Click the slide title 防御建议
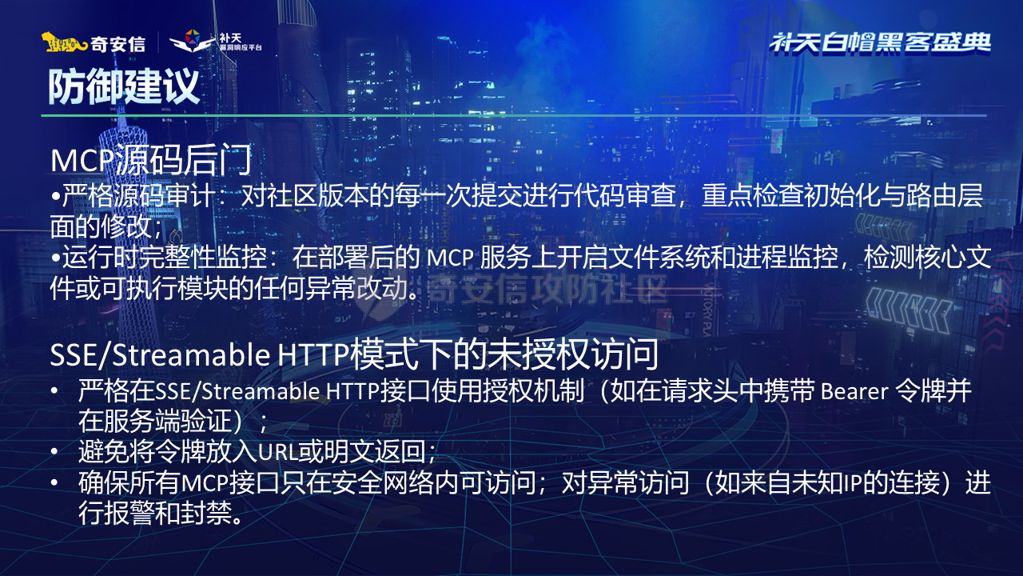tap(124, 86)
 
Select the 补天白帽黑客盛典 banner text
tap(880, 42)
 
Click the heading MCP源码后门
tap(152, 160)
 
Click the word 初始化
tap(820, 198)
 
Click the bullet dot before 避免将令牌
tap(54, 452)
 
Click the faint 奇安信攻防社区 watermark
tap(547, 289)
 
